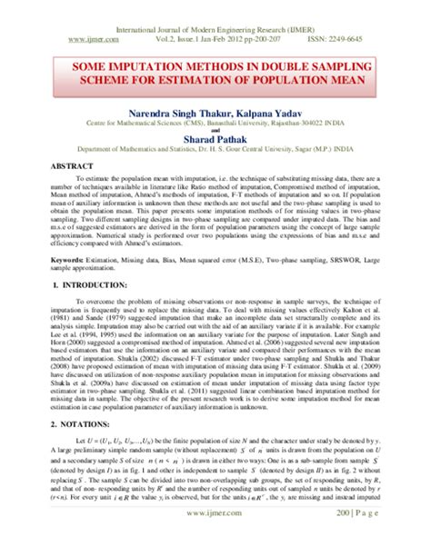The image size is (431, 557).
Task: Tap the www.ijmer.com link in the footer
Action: tap(215, 540)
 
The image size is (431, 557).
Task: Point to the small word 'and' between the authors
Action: tap(215, 129)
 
